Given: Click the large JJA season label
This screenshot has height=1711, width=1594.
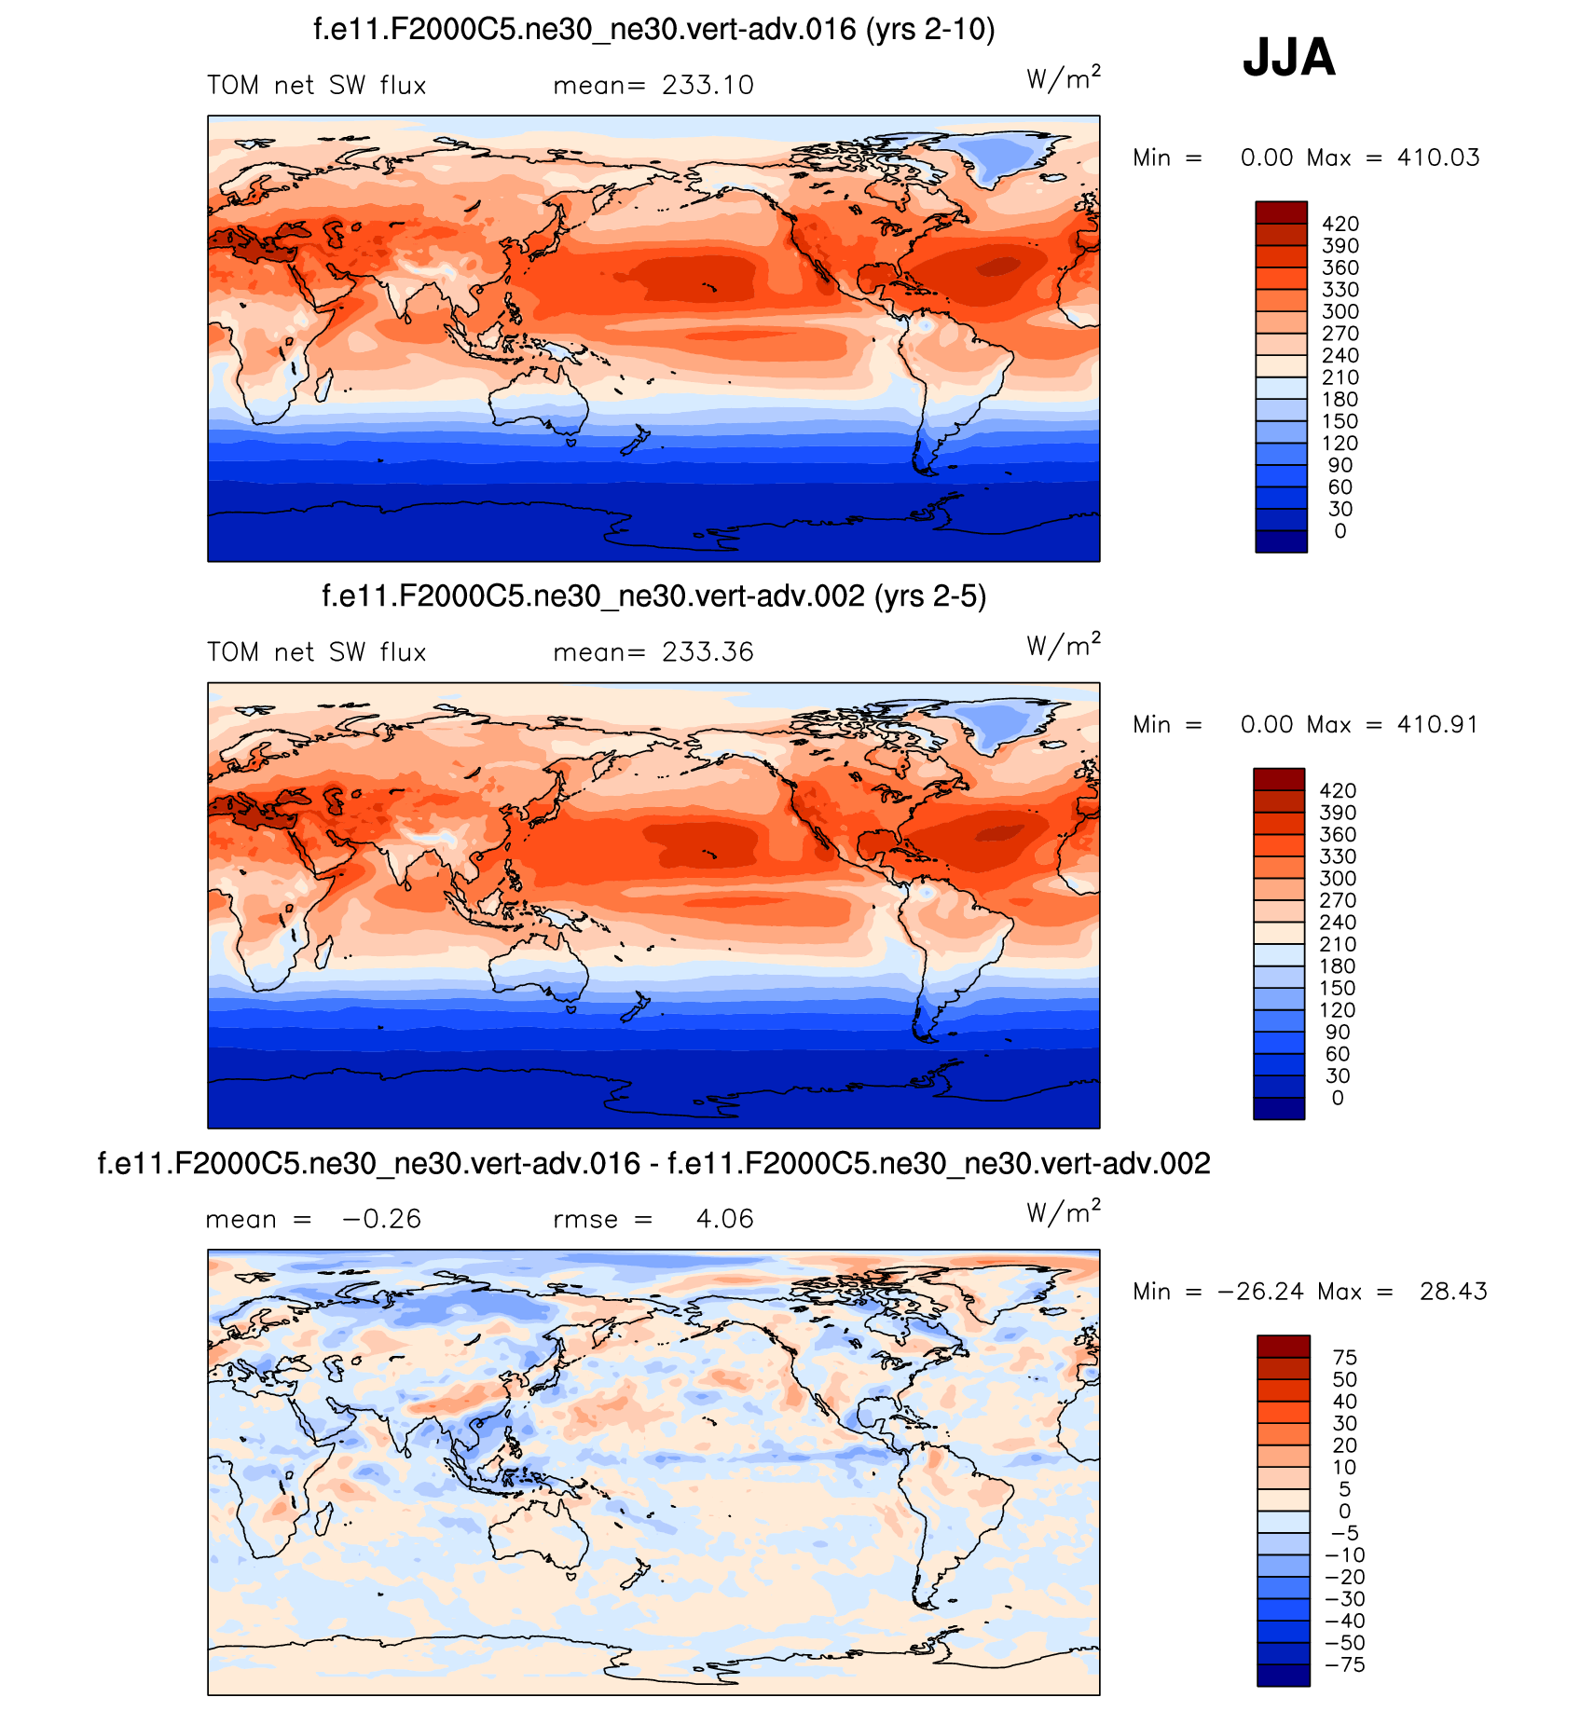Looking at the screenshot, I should [1288, 58].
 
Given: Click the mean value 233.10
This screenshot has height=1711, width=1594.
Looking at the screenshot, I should [708, 86].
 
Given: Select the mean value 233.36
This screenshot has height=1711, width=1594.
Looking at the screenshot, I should [708, 652].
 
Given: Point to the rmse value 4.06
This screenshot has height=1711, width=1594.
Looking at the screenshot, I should [724, 1219].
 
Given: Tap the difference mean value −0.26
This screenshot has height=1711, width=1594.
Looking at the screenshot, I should [381, 1219].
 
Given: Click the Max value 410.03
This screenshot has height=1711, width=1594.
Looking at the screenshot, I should [1437, 157].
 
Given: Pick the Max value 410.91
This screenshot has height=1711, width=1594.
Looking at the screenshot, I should [1437, 724].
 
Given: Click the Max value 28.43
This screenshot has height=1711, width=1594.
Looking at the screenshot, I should [1453, 1292].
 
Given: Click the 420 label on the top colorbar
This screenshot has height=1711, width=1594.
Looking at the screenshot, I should [1340, 224].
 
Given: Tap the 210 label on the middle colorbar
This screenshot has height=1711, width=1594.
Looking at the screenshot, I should [1338, 944].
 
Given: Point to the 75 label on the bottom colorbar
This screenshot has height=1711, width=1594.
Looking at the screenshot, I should [1344, 1358].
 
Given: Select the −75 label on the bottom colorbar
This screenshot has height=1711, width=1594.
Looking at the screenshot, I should [1344, 1665].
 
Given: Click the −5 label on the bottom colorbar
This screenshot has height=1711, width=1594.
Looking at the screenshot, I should [1344, 1534].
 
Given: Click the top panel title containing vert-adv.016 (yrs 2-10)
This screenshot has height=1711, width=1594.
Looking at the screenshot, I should [653, 30].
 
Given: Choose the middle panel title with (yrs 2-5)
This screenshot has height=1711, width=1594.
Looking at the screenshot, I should [653, 595].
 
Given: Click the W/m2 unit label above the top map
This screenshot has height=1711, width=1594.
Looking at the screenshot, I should [1063, 78].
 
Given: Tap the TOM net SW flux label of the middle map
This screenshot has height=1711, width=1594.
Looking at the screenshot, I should [316, 652].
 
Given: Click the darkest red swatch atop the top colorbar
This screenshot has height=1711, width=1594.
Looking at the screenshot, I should [1281, 212].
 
